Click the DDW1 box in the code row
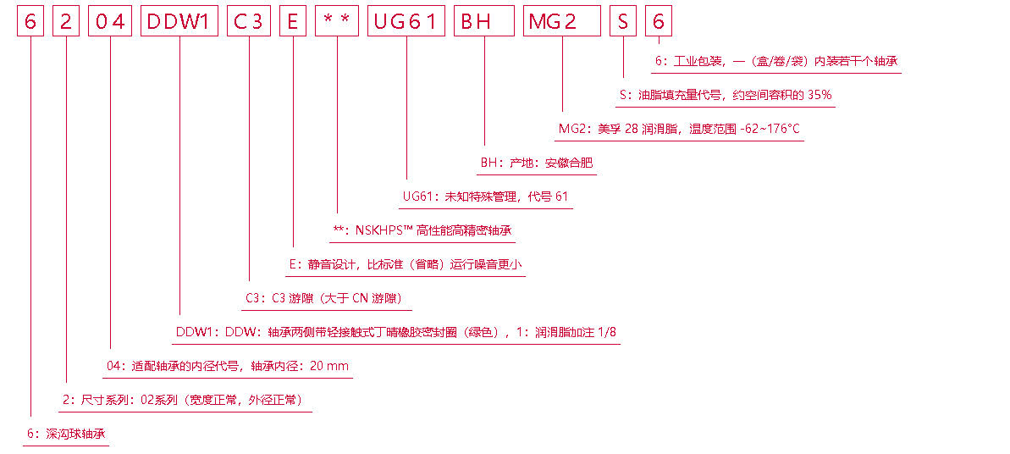(x=178, y=21)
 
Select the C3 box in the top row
(x=248, y=21)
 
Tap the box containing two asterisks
(x=336, y=21)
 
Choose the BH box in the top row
(x=483, y=21)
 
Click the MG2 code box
(x=561, y=21)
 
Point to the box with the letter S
(x=623, y=21)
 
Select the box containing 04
(x=110, y=21)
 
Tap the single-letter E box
(x=293, y=21)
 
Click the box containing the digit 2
(x=65, y=21)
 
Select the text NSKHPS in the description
(x=377, y=230)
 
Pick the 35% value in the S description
(x=819, y=95)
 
